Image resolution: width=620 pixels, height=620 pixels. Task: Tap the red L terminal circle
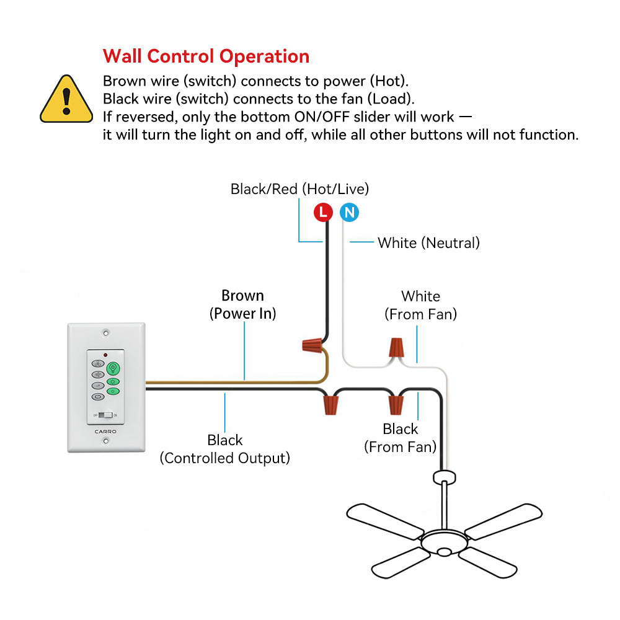point(322,213)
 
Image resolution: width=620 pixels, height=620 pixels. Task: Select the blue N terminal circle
point(349,213)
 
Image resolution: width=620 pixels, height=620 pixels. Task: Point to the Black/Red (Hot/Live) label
point(299,188)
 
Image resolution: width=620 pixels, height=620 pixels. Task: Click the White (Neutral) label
point(428,242)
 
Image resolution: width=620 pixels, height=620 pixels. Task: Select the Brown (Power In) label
point(242,304)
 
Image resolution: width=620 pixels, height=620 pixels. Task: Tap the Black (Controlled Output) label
point(224,449)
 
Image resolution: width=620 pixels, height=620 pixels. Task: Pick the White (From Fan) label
point(420,305)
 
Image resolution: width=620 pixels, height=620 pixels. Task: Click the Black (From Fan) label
point(400,437)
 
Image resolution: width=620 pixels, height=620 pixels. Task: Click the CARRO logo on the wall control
point(105,431)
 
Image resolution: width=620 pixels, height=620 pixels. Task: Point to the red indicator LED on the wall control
point(105,355)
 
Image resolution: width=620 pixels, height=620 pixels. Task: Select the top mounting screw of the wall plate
point(105,333)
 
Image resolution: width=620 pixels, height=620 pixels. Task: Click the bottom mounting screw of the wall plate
point(105,441)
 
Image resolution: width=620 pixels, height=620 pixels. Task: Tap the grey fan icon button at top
point(98,365)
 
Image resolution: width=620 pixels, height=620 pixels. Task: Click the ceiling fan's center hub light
point(444,551)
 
